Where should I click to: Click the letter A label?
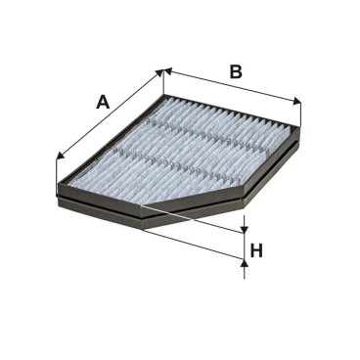click(x=103, y=102)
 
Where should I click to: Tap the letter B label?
click(x=236, y=71)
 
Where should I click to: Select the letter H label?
click(x=256, y=250)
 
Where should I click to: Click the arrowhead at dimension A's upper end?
click(x=158, y=73)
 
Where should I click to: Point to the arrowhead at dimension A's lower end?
click(x=61, y=155)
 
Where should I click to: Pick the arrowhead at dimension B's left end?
click(x=168, y=71)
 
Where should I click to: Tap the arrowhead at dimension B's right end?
click(x=296, y=102)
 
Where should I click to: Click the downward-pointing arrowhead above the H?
click(x=245, y=230)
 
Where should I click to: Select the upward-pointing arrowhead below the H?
click(x=244, y=263)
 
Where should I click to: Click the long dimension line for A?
click(x=110, y=114)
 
